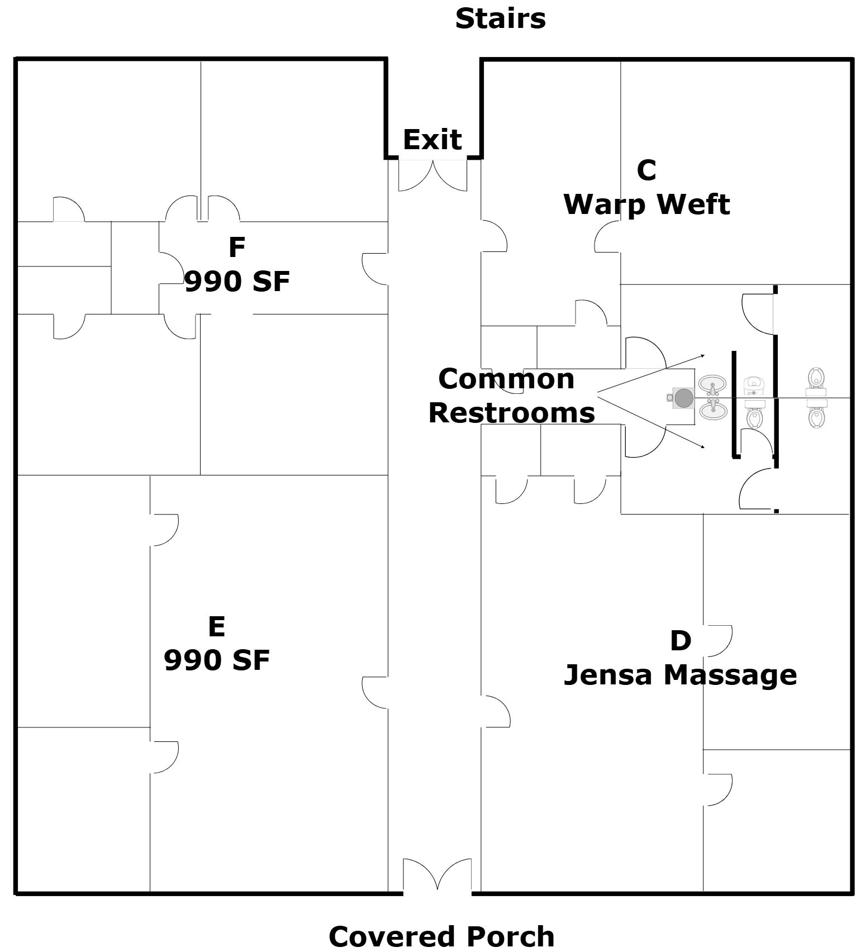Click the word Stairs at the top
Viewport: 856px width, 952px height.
click(500, 18)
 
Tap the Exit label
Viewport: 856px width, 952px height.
click(432, 139)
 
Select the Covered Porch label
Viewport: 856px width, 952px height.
click(441, 936)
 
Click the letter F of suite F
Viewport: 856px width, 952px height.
click(237, 247)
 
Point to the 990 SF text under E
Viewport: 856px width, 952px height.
click(217, 660)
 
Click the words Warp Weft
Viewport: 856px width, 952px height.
click(646, 204)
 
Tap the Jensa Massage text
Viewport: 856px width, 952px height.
click(680, 674)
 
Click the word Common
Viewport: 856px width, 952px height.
click(506, 379)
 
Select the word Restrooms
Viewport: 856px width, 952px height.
click(511, 413)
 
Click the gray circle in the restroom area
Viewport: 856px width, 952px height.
click(684, 398)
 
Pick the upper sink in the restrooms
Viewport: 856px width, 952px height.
click(712, 384)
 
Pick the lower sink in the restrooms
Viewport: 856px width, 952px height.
click(712, 411)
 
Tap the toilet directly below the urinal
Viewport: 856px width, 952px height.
click(754, 416)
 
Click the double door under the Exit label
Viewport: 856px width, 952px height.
click(433, 175)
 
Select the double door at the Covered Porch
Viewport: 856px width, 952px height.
click(437, 874)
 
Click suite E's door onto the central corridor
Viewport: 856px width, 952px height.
click(374, 693)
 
